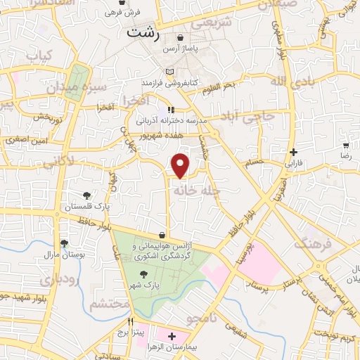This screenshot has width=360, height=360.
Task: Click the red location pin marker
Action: tap(181, 165)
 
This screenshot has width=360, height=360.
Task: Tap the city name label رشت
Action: tap(143, 33)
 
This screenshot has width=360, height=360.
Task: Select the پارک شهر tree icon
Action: tap(144, 275)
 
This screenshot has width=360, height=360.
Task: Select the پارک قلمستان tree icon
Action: tap(86, 196)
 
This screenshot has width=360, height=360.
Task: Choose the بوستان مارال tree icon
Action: tap(65, 243)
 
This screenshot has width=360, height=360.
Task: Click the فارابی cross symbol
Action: tap(293, 152)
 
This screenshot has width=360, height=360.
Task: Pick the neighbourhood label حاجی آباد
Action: tap(266, 117)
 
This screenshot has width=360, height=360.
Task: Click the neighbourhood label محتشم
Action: tap(110, 304)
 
